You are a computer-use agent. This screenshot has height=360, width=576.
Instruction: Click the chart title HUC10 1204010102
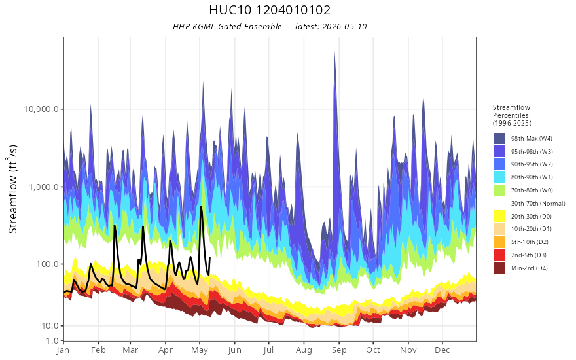click(270, 10)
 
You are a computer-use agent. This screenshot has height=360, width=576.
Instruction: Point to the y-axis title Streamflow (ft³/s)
click(13, 189)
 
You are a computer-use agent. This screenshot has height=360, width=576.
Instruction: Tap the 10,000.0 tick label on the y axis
click(41, 109)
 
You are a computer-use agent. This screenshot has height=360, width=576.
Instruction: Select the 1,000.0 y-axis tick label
click(44, 187)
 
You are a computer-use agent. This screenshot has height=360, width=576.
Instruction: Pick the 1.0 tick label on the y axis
click(52, 340)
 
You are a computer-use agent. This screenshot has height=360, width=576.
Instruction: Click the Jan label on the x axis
click(63, 350)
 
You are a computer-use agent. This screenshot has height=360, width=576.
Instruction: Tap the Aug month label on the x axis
click(304, 350)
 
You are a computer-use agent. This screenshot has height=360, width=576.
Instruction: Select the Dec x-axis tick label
click(442, 350)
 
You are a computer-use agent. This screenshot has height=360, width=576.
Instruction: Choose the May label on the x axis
click(200, 350)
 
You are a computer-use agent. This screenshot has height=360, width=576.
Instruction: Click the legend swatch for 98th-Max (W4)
click(499, 139)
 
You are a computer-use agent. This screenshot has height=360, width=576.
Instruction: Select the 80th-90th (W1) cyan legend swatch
click(499, 177)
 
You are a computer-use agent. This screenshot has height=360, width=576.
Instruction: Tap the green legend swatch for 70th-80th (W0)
click(499, 190)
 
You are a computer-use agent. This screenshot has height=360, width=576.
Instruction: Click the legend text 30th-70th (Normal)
click(538, 203)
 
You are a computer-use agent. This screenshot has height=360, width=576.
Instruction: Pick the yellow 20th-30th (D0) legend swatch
click(499, 216)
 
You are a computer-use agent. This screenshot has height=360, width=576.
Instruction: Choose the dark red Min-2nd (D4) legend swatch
click(499, 268)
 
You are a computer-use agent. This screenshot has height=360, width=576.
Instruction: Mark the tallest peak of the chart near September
click(334, 52)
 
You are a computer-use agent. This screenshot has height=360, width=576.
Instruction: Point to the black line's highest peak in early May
click(200, 207)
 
